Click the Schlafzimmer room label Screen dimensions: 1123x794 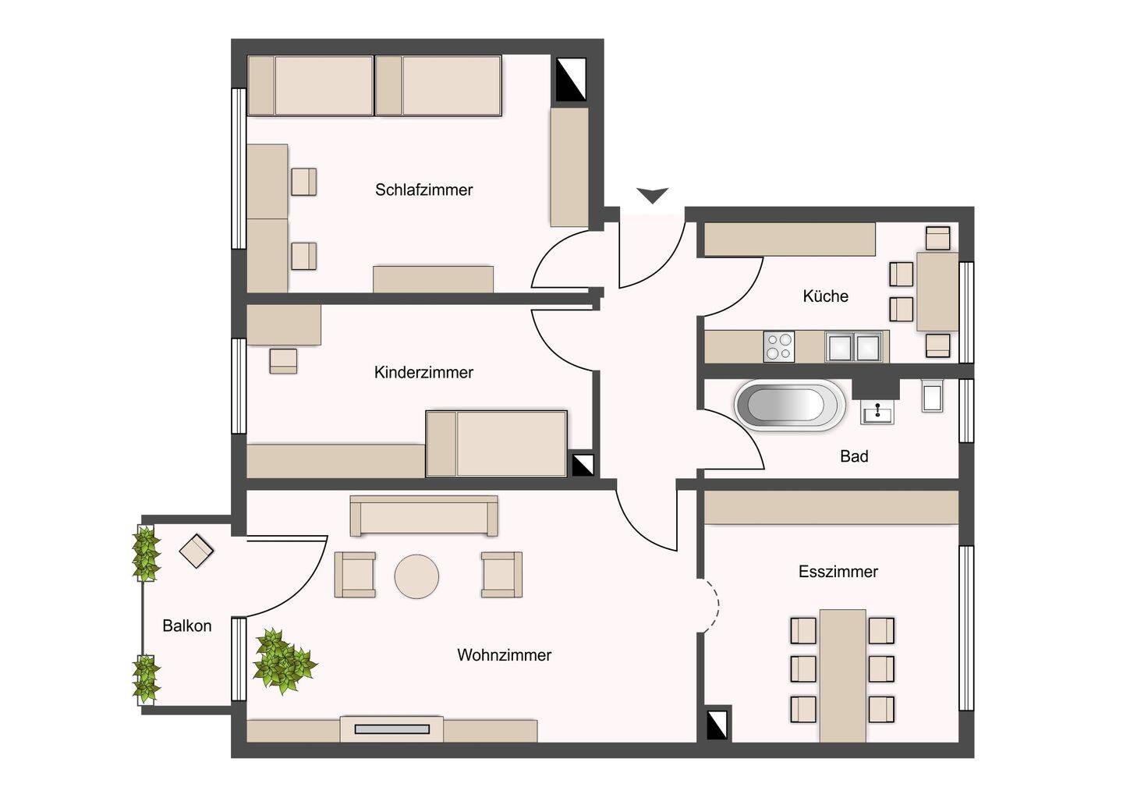click(x=423, y=190)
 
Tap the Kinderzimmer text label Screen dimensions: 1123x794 click(x=423, y=372)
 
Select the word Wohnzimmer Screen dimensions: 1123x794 click(x=505, y=654)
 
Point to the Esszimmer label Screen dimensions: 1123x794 click(x=838, y=572)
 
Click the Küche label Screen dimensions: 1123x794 click(x=825, y=296)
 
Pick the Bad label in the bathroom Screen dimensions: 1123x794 click(x=854, y=456)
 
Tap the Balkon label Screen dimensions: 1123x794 click(x=187, y=626)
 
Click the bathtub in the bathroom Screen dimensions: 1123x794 click(x=789, y=405)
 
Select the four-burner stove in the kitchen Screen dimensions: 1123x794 click(x=779, y=346)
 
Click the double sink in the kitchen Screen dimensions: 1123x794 click(x=854, y=346)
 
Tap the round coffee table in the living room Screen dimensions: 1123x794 click(x=416, y=576)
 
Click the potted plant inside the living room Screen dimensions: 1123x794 click(x=283, y=661)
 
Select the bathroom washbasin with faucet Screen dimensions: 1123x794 click(x=877, y=413)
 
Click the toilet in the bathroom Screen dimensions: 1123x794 click(x=933, y=396)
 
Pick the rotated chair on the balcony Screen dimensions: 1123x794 click(x=196, y=551)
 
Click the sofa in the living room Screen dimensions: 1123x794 click(x=423, y=516)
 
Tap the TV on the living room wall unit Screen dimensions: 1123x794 click(x=392, y=728)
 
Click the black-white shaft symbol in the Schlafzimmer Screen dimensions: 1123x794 click(x=571, y=80)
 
